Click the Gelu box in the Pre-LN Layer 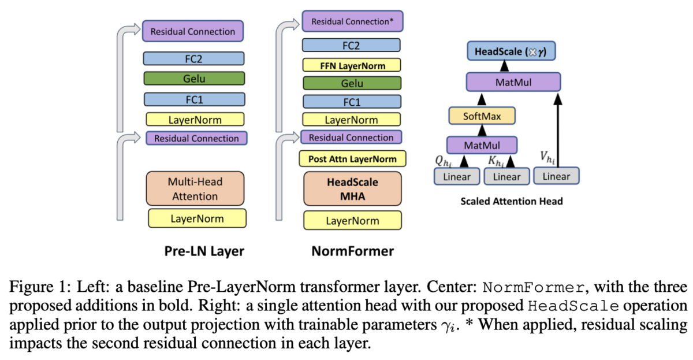click(195, 79)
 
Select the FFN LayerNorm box click(352, 65)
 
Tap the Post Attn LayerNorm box click(352, 158)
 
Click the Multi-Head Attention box click(195, 188)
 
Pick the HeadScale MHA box click(352, 189)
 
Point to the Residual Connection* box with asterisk click(352, 22)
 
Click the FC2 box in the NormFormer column click(352, 46)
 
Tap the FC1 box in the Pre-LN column click(195, 99)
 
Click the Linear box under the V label click(556, 176)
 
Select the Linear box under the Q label click(456, 176)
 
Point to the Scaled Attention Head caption click(511, 202)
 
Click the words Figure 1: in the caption click(32, 288)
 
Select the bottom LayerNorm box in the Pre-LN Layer click(197, 218)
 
